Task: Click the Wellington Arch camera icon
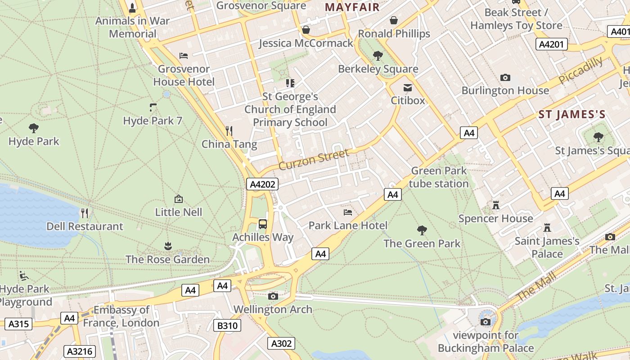tap(273, 296)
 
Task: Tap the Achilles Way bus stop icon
tap(263, 224)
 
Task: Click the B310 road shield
tap(227, 325)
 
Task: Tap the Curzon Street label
tap(314, 160)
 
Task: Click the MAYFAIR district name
tap(352, 7)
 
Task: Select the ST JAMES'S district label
tap(572, 114)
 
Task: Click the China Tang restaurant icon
tap(229, 131)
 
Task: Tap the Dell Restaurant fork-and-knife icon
tap(84, 213)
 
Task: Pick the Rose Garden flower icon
tap(167, 246)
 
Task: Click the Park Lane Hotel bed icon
tap(347, 212)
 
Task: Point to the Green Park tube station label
tap(439, 177)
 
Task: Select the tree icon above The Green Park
tap(422, 230)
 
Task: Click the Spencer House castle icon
tap(496, 205)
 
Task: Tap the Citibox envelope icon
tap(408, 87)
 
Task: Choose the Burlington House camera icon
tap(505, 77)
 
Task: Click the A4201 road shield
tap(552, 44)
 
